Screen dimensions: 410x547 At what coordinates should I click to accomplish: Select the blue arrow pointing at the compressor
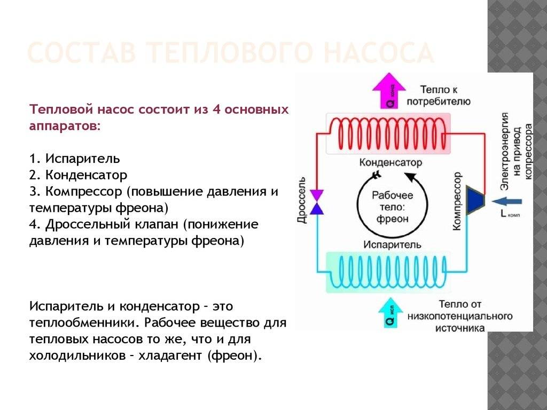pyautogui.click(x=505, y=201)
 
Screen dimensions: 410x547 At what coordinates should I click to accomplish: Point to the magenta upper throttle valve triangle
pyautogui.click(x=317, y=195)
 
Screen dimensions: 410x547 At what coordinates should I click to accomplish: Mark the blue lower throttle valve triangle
pyautogui.click(x=317, y=208)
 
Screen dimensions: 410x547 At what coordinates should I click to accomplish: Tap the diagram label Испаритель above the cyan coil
pyautogui.click(x=392, y=245)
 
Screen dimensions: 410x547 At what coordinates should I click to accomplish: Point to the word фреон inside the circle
pyautogui.click(x=392, y=219)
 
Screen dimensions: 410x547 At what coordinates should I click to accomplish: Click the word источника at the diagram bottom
pyautogui.click(x=460, y=328)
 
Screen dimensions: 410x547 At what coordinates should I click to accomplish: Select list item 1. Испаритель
pyautogui.click(x=75, y=159)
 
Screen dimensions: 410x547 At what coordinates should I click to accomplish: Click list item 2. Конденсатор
pyautogui.click(x=79, y=175)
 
